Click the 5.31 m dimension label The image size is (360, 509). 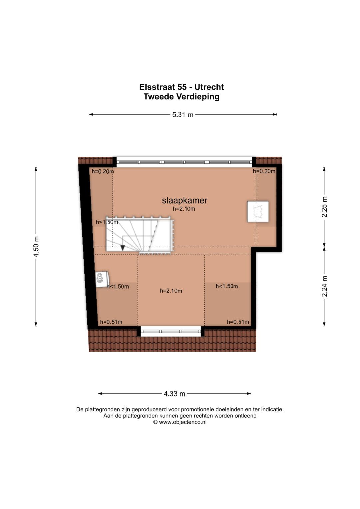point(183,115)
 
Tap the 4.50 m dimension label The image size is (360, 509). point(36,247)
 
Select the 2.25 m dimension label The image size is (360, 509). point(324,207)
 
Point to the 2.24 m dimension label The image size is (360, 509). point(324,286)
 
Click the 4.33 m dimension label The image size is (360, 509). point(174,394)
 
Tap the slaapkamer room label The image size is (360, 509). point(185,200)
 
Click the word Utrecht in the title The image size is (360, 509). point(209,87)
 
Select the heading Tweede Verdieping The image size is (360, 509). point(182,97)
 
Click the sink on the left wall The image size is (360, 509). point(102,279)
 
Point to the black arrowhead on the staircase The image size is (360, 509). point(123,247)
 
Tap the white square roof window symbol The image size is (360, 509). point(258,211)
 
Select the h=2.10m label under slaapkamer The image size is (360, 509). point(184,209)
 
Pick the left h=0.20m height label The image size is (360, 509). point(103,171)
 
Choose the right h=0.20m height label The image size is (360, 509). point(264,171)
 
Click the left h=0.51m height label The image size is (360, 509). point(111,322)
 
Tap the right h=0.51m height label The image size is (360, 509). point(238,322)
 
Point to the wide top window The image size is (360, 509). point(184,162)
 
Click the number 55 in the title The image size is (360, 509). point(182,87)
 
